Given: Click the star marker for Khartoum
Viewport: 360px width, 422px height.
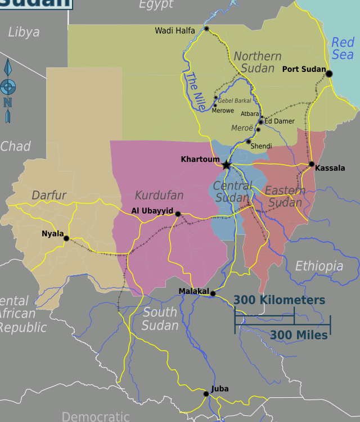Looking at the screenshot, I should (226, 165).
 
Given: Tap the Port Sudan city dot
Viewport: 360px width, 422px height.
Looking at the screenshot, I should (329, 74).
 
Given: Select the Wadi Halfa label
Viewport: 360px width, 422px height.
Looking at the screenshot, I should (175, 31).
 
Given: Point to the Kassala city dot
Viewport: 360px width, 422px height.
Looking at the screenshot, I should (312, 164).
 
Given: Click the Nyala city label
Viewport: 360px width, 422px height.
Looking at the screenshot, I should (53, 233).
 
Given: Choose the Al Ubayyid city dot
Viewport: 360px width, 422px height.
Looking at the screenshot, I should (178, 214).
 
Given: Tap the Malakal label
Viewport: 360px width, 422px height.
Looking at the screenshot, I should (193, 291).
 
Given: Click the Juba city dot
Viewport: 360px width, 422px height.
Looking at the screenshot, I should (206, 394).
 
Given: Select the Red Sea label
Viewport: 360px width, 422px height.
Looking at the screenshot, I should (343, 48).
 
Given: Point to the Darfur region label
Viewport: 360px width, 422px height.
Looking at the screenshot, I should (49, 196).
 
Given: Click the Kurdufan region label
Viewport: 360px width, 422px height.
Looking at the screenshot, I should (159, 196).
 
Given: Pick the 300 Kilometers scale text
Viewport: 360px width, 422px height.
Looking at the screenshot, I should (280, 300).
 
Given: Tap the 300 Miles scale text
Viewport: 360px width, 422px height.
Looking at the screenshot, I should (299, 335).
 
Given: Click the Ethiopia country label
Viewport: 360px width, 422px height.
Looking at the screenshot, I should (319, 266).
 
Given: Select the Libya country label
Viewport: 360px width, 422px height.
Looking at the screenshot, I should (24, 33).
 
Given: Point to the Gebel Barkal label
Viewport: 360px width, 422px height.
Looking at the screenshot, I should (234, 101).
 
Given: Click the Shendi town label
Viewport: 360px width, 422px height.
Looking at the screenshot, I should (261, 146).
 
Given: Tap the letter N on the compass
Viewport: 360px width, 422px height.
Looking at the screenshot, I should (7, 102).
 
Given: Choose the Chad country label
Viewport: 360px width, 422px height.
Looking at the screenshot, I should (15, 147).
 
